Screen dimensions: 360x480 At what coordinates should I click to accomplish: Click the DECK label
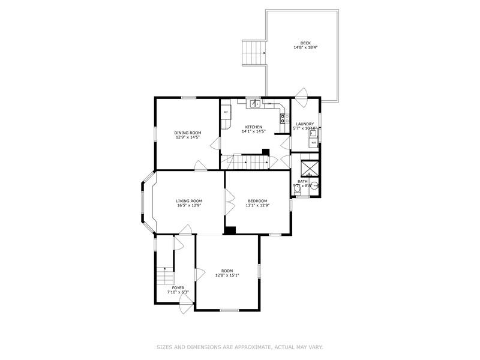pos(305,43)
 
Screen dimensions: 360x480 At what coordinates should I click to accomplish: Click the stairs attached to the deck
pos(254,53)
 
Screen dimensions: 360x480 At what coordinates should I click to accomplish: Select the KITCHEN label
pos(254,127)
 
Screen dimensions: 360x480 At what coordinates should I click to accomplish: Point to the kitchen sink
pos(254,104)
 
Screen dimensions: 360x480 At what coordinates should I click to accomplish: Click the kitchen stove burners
pos(283,118)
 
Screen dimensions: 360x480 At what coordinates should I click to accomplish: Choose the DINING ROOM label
pos(188,133)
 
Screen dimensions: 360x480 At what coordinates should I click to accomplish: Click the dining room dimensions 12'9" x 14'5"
pos(188,137)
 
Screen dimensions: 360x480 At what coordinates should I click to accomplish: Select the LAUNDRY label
pos(305,124)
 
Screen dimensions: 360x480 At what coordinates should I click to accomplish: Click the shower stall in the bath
pos(310,167)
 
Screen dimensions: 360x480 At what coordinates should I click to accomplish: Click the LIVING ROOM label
pos(189,200)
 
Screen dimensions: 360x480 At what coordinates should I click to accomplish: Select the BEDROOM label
pos(257,200)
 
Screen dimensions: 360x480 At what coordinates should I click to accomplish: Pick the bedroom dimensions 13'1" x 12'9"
pos(257,205)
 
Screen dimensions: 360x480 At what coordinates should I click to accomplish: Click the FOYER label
pos(178,288)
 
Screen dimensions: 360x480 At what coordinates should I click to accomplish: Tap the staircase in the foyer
pos(164,277)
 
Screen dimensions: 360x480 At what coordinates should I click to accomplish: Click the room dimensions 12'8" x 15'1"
pos(227,275)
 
